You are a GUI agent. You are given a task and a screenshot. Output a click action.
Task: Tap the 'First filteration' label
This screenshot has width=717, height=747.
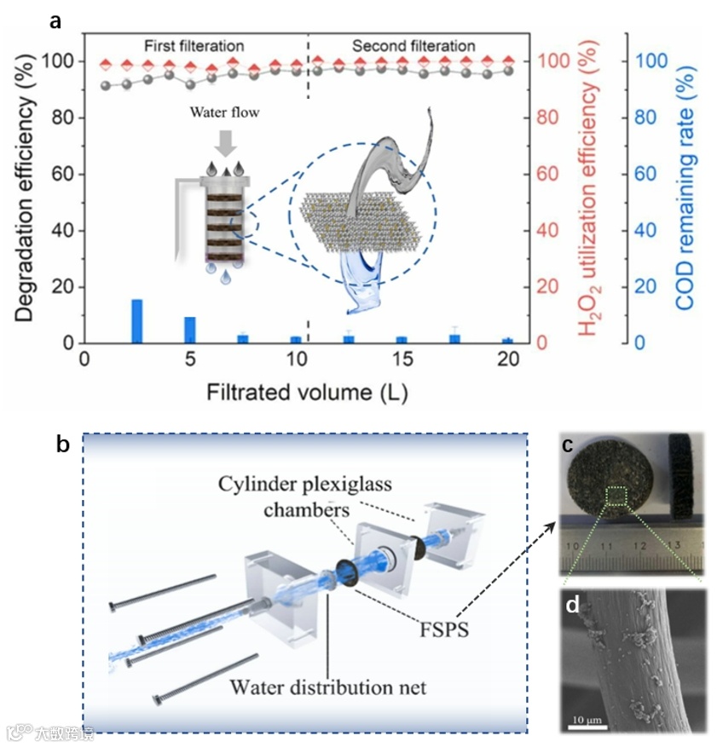(x=192, y=45)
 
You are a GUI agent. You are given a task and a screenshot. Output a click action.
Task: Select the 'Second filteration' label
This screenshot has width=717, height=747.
(x=413, y=45)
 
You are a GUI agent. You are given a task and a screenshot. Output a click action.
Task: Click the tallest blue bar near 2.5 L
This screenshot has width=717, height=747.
(x=136, y=321)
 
